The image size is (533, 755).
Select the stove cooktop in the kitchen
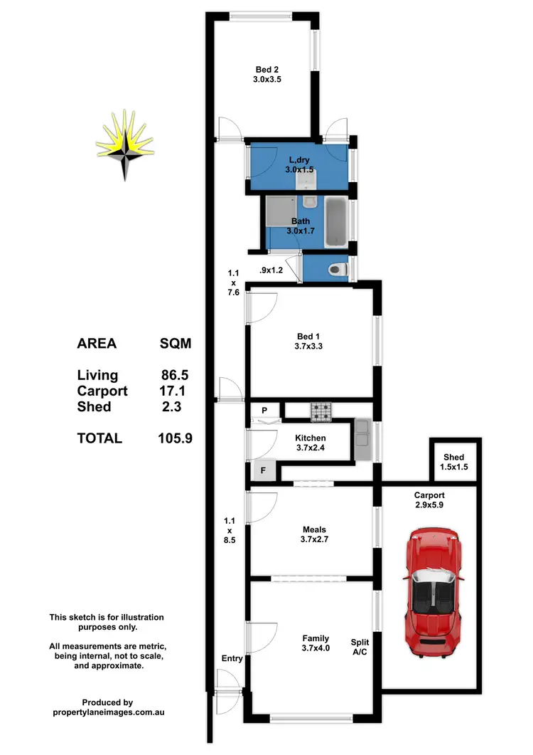tap(321, 411)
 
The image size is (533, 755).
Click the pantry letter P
tap(264, 411)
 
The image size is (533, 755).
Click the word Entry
tap(232, 658)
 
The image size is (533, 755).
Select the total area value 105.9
tap(175, 438)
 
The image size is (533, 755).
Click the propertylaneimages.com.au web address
tap(108, 712)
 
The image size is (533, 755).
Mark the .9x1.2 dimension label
tap(273, 270)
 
